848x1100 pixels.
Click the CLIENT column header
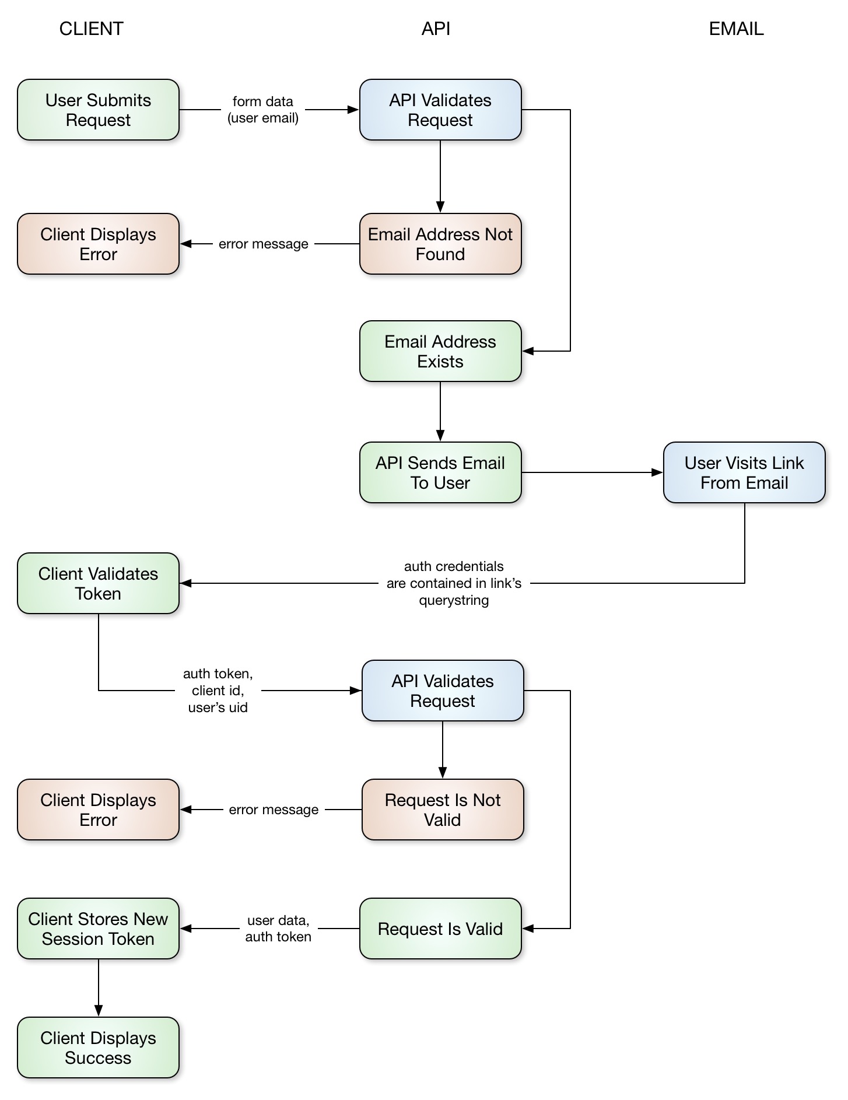[91, 29]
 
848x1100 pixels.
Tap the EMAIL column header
[735, 29]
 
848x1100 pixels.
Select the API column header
[436, 29]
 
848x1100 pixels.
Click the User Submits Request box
[98, 110]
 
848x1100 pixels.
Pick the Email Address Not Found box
[440, 244]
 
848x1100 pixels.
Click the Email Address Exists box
[440, 351]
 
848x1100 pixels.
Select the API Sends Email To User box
[440, 472]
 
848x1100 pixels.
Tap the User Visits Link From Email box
[744, 472]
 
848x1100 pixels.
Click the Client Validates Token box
[98, 583]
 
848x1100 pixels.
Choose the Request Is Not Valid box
[442, 810]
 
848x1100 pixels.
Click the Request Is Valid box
[440, 929]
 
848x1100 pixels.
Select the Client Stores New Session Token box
[98, 929]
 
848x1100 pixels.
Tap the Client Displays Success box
[98, 1048]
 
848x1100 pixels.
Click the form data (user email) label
[262, 110]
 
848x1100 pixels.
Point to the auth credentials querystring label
[454, 583]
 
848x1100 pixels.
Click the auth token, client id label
[218, 691]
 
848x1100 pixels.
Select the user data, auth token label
[278, 929]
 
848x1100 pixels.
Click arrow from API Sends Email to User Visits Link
[591, 472]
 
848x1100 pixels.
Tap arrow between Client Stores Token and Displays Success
[98, 987]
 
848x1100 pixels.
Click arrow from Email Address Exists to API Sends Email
[440, 411]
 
